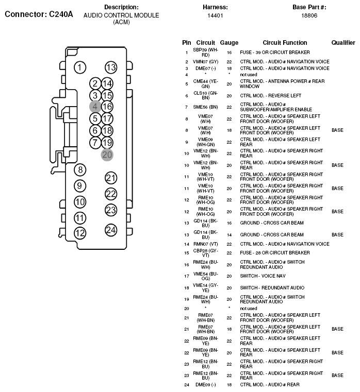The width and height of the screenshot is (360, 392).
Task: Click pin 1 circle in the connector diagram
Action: point(79,67)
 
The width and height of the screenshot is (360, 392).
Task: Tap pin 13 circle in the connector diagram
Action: point(110,67)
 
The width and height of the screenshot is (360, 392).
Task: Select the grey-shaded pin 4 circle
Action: point(95,107)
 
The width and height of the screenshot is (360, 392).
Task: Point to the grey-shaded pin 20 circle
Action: point(107,155)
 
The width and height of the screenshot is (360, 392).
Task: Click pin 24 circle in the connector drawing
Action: point(111,230)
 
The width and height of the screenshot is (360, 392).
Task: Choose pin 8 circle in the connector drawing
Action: point(79,169)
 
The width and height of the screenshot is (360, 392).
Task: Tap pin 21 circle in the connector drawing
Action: point(111,178)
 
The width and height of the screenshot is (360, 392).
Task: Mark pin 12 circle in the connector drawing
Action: point(79,233)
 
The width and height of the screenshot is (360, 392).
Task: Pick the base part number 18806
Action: point(309,15)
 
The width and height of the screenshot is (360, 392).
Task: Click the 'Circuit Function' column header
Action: point(285,43)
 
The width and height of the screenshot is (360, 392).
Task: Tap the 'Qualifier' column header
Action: point(343,43)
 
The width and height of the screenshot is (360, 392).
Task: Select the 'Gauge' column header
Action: point(229,43)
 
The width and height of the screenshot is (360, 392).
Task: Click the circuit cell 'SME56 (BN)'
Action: point(205,107)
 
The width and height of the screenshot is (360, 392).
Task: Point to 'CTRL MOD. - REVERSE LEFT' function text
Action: point(270,96)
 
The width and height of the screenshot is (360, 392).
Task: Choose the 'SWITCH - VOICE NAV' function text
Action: point(263,276)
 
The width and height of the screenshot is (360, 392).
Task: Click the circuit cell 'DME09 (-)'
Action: point(205,384)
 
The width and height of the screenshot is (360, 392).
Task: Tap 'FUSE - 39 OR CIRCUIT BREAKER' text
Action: point(275,53)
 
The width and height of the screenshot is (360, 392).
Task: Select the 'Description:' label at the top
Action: point(121,7)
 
